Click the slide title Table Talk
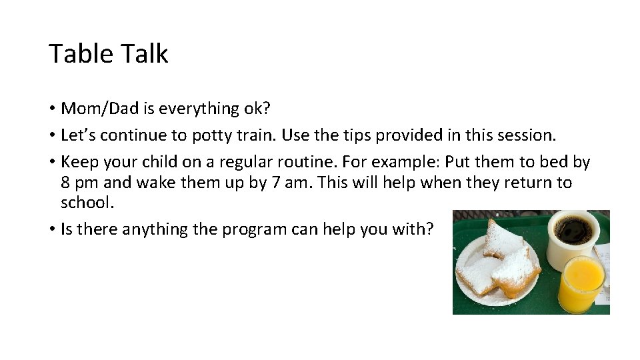pyautogui.click(x=108, y=53)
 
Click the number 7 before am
pyautogui.click(x=276, y=183)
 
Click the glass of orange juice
pyautogui.click(x=581, y=283)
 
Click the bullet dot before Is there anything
pyautogui.click(x=51, y=230)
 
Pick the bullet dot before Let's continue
pyautogui.click(x=51, y=136)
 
